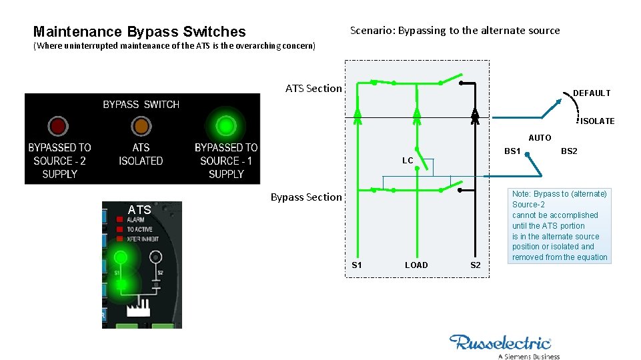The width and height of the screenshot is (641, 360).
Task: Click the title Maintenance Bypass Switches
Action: (x=139, y=31)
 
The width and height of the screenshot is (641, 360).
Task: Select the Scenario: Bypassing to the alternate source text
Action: (x=455, y=30)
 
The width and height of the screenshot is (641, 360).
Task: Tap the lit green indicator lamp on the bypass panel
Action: (x=226, y=125)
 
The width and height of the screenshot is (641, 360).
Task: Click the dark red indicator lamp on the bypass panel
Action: (x=58, y=125)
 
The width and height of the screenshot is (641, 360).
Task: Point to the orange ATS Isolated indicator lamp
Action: (x=141, y=125)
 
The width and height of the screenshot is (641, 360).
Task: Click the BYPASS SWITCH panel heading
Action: (x=141, y=104)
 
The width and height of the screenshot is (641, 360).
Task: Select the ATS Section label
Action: (x=313, y=88)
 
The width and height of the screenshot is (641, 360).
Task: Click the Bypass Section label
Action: (x=305, y=197)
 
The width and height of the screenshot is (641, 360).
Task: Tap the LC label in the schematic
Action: (x=408, y=161)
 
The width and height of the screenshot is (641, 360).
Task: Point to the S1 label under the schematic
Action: (x=357, y=265)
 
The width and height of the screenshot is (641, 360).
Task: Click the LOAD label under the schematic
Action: (x=416, y=265)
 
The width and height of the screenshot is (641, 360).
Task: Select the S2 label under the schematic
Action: (x=476, y=265)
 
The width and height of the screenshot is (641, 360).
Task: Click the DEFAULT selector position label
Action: (x=592, y=93)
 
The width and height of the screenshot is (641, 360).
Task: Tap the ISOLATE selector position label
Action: (x=597, y=121)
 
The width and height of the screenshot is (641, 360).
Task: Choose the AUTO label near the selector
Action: (x=540, y=138)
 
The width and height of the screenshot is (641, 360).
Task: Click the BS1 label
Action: (x=512, y=151)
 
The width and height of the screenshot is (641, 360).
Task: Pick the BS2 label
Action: (x=569, y=151)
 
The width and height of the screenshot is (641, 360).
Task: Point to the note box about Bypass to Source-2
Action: (x=559, y=225)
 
